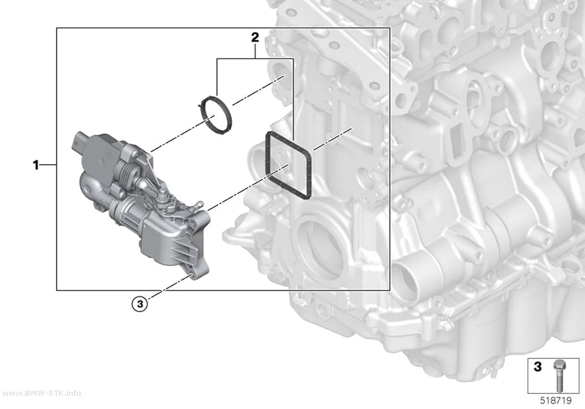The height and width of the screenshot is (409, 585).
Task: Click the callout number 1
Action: click(x=36, y=165)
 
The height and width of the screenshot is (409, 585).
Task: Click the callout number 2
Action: click(x=255, y=37)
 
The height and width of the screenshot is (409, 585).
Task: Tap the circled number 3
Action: click(x=140, y=304)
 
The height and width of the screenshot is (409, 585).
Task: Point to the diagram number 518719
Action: click(x=556, y=401)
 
